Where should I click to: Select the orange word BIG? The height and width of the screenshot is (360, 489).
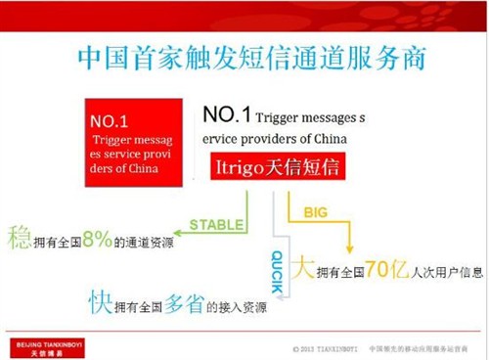tap(315, 209)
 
